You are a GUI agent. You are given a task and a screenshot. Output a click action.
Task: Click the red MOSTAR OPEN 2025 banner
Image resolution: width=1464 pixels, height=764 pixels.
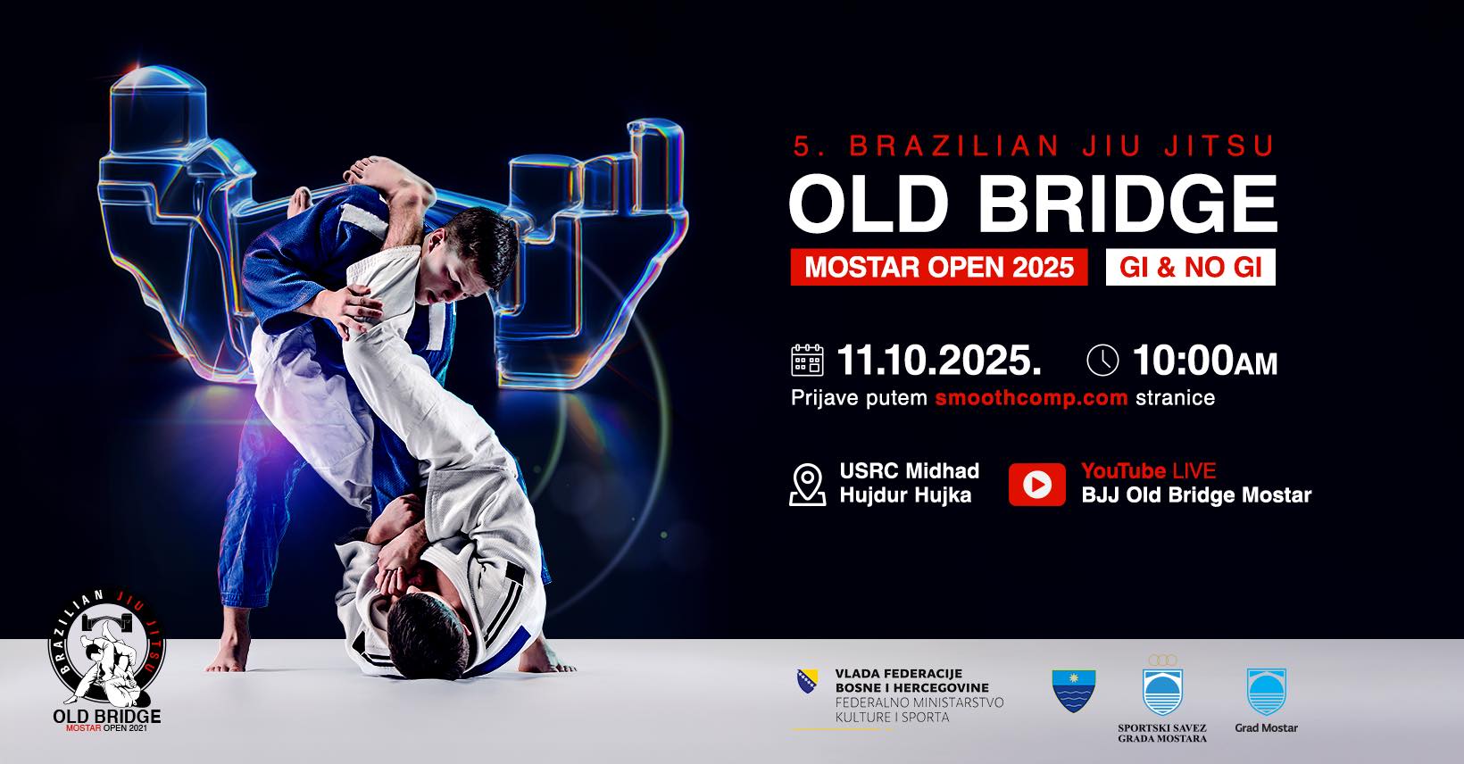(938, 267)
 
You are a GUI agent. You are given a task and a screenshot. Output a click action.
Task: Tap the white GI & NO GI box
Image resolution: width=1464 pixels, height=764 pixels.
(1190, 267)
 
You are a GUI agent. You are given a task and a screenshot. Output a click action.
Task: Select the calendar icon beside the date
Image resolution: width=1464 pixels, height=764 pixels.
(807, 360)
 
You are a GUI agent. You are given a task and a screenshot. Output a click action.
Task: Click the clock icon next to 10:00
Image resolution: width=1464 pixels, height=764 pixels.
(1102, 360)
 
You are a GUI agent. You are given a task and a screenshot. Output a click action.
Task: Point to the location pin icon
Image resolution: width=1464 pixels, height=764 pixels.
(807, 485)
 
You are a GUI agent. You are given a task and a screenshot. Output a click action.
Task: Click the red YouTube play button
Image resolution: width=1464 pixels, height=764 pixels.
(1036, 485)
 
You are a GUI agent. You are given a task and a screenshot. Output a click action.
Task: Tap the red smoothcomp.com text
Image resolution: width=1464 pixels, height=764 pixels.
(1031, 397)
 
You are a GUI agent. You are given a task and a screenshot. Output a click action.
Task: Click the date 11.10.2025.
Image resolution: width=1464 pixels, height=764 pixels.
(938, 360)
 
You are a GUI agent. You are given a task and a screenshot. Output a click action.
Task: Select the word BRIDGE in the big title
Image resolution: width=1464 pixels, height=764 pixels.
(1127, 203)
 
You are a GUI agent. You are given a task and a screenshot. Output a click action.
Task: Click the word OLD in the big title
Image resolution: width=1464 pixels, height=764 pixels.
(869, 203)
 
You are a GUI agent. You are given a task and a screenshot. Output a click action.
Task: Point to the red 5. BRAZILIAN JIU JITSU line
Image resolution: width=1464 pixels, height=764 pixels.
(1034, 145)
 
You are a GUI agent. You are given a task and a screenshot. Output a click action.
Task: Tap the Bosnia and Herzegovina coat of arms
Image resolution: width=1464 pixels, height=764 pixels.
(807, 681)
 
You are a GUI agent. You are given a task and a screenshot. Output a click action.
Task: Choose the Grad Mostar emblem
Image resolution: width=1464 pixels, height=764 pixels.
(1266, 692)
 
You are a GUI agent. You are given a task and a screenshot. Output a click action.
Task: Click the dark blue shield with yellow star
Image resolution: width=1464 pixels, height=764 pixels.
(1073, 690)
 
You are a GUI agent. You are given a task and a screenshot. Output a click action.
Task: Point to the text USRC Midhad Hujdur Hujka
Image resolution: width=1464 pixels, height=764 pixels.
(909, 483)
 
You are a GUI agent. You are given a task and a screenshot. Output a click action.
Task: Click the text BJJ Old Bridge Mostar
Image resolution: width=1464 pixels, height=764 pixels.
(1196, 495)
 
